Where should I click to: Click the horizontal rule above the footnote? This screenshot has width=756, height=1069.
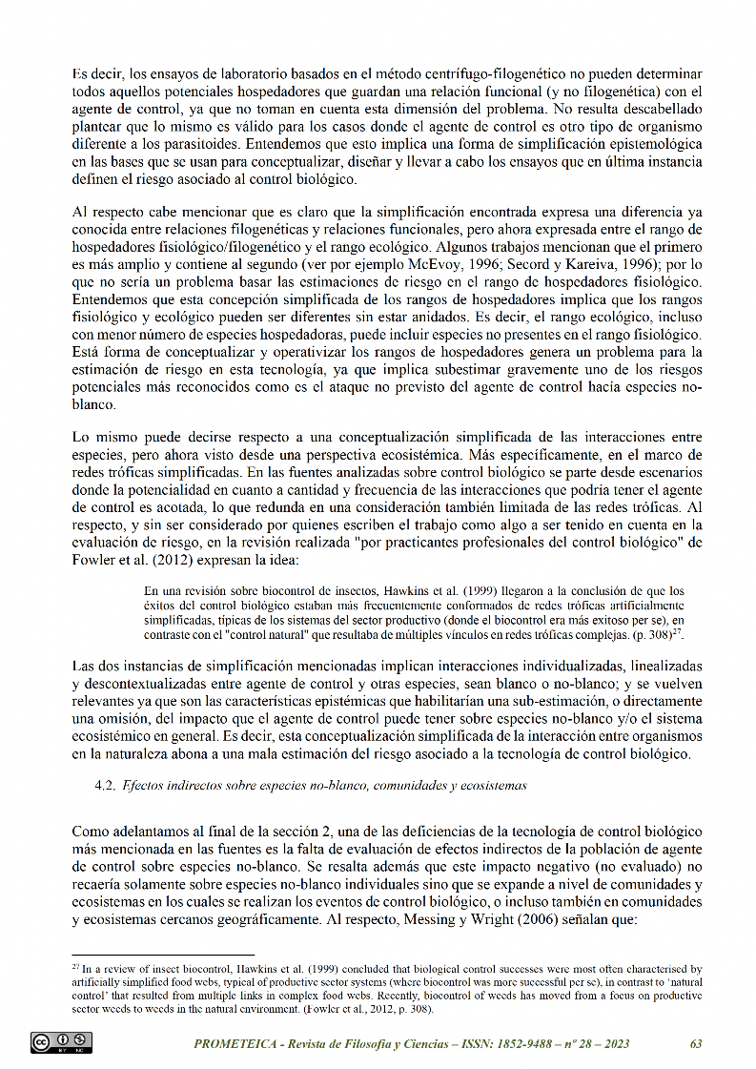(x=163, y=954)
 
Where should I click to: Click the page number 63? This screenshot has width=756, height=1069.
(x=695, y=1044)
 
